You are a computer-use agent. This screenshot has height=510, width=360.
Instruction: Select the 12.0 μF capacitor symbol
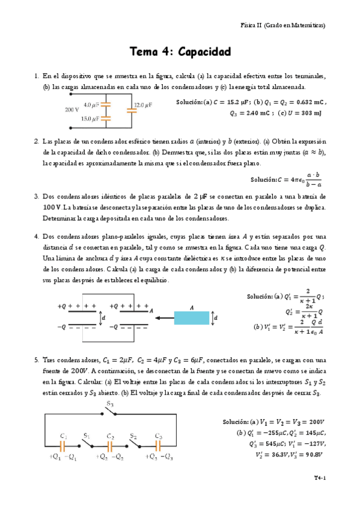[130, 110]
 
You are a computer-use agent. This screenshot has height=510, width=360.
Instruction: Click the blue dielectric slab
[192, 317]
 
